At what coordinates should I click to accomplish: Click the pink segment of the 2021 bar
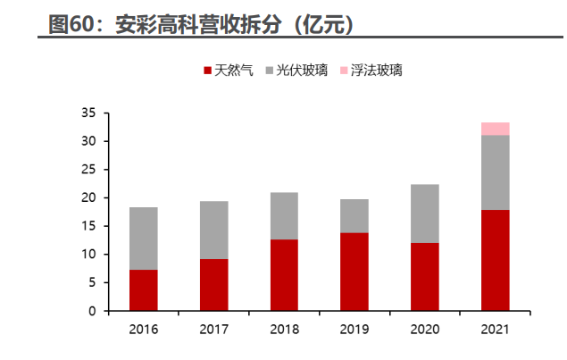pos(495,129)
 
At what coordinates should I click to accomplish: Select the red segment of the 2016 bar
pos(143,290)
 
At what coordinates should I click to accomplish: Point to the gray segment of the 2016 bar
pos(143,239)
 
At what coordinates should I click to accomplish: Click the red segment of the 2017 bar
pos(213,285)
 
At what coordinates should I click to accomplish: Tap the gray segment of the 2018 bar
pos(284,216)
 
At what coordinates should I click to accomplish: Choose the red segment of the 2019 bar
pos(354,272)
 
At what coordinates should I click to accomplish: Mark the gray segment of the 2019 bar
pos(354,216)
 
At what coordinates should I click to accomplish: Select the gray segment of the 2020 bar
pos(424,213)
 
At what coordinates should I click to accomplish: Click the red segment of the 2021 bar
pos(495,260)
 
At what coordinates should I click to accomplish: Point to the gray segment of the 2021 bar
pos(495,172)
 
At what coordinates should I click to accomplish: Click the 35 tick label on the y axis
pos(88,113)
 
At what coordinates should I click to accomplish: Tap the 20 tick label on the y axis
pos(88,197)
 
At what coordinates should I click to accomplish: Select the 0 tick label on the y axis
pos(92,311)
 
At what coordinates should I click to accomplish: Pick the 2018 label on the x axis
pos(284,330)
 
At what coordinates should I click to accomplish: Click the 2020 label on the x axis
pos(424,330)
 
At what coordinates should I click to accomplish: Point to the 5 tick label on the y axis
pos(92,282)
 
